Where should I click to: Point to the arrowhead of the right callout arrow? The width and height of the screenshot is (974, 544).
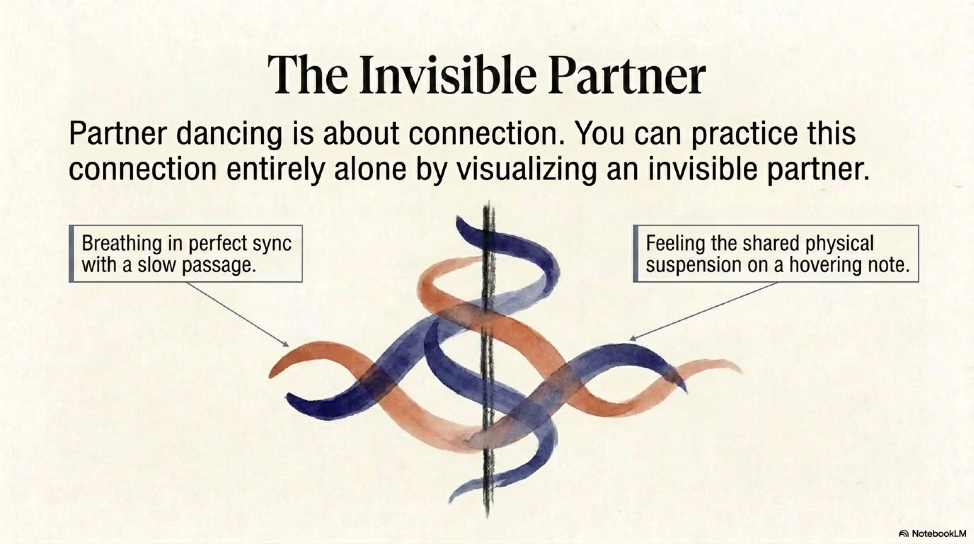click(632, 339)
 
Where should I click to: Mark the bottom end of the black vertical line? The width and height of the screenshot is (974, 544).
click(488, 517)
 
